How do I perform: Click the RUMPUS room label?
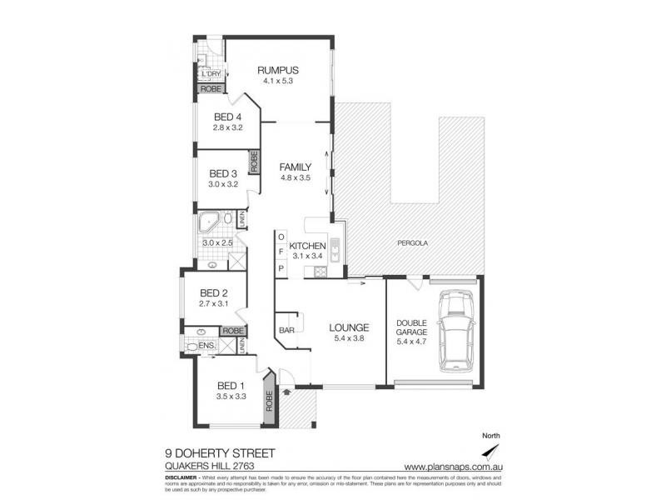(278, 70)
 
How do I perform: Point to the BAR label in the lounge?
(286, 331)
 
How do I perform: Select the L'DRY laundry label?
(210, 74)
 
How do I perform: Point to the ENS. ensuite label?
(206, 345)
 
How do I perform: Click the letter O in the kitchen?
(281, 236)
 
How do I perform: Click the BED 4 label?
(227, 117)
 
